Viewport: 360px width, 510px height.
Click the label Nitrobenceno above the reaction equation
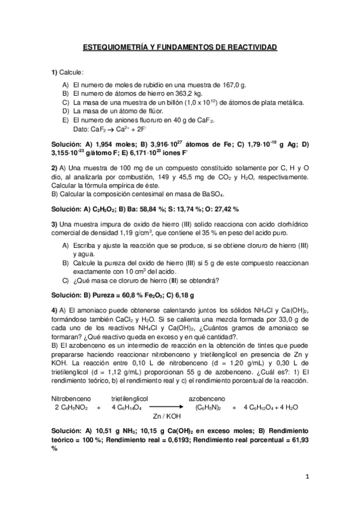pos(70,398)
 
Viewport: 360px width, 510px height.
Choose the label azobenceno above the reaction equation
pos(207,398)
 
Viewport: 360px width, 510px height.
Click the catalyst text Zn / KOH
pos(166,416)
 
